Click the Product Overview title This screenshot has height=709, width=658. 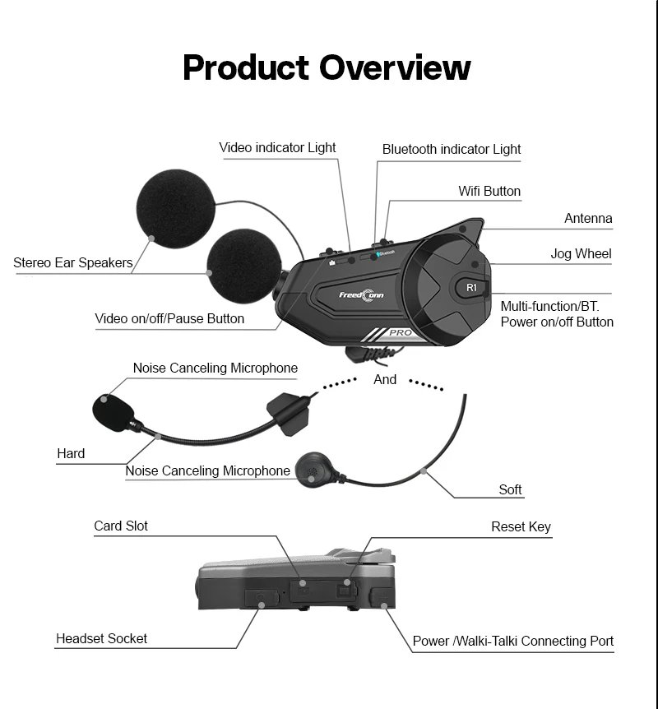(x=327, y=67)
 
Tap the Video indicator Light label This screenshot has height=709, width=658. (x=277, y=148)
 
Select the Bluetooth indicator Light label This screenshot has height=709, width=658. (x=452, y=150)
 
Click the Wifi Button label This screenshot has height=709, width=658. (x=489, y=191)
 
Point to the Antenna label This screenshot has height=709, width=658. (x=588, y=219)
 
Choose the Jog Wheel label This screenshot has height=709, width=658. (x=581, y=253)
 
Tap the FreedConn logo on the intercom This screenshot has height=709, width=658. (x=362, y=294)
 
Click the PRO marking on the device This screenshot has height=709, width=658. (x=401, y=333)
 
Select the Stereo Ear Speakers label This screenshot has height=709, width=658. (x=72, y=263)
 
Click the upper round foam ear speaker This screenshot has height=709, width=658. (x=174, y=208)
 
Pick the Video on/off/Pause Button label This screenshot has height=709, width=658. (x=169, y=318)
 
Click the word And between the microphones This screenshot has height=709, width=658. (x=385, y=380)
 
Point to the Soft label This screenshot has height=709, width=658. (x=510, y=490)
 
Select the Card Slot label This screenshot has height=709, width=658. (x=121, y=526)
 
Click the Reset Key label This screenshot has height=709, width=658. (x=521, y=527)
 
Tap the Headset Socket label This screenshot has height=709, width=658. (x=101, y=638)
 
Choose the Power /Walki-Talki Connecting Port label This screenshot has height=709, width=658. (x=512, y=641)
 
